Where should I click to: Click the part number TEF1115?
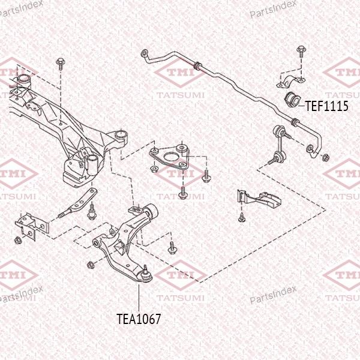(326, 106)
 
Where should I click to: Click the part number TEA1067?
(139, 319)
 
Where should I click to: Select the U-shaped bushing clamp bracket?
(291, 82)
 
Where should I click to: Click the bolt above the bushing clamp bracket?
(301, 52)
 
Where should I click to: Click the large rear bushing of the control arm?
(151, 211)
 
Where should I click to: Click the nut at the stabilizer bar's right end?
(325, 158)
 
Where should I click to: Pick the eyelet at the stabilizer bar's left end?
(144, 53)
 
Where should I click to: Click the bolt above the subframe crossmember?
(61, 64)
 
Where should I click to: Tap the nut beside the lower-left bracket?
(17, 241)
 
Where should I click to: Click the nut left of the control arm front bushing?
(90, 265)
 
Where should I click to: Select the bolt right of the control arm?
(172, 248)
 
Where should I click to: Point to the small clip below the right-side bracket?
(241, 218)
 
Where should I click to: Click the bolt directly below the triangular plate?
(183, 193)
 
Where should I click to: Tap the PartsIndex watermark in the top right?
(273, 9)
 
